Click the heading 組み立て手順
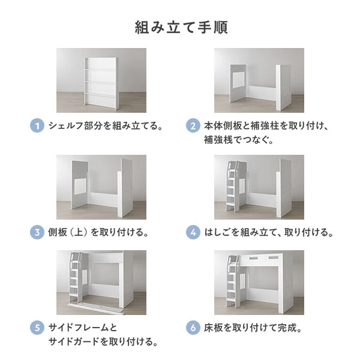coord(180,28)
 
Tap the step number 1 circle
coord(37,126)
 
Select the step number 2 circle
coord(193,126)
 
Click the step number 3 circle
coord(37,232)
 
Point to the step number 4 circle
coord(193,232)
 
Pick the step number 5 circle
coord(37,328)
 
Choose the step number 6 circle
coord(193,328)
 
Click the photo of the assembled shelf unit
coord(101,80)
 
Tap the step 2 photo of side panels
coord(259,80)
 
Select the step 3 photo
coord(101,187)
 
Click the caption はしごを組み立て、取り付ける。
coord(268,232)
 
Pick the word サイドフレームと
coord(83,328)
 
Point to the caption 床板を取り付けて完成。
coord(253,328)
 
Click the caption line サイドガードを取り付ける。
coord(103,343)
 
